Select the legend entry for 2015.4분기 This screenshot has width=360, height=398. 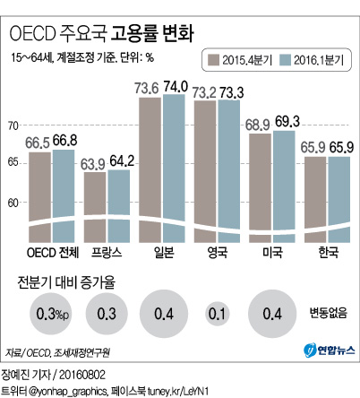(243, 61)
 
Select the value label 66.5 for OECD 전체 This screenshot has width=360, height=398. (40, 143)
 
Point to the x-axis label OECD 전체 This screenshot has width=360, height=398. (52, 253)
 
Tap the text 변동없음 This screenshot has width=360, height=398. (326, 313)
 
